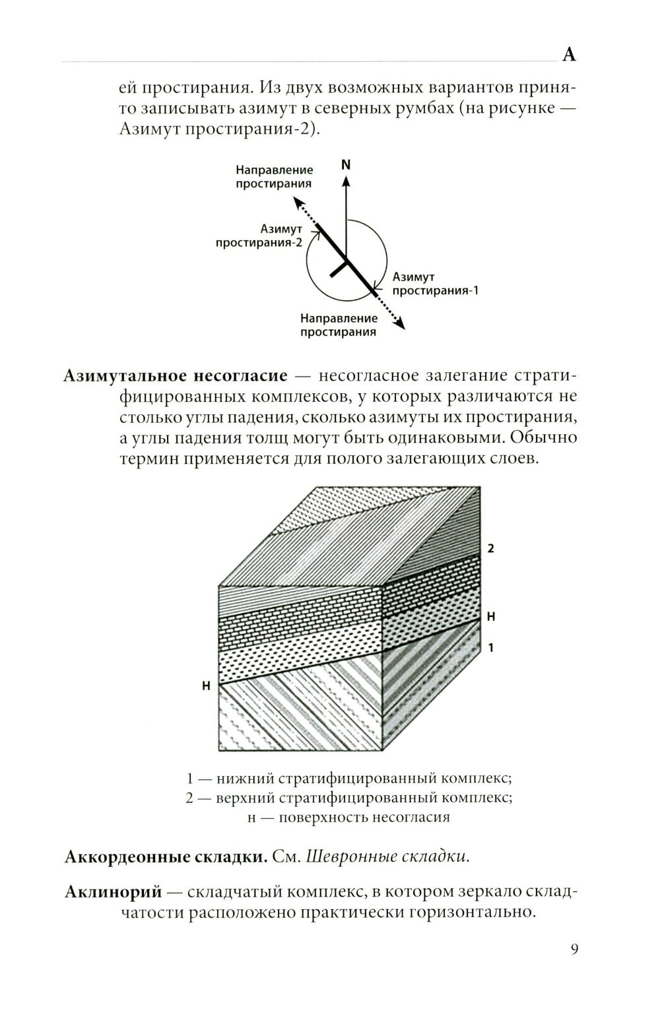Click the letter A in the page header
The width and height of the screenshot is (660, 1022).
569,55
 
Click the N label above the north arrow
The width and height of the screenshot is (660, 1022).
345,165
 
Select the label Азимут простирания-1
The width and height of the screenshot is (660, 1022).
434,284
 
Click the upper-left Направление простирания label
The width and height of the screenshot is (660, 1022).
274,177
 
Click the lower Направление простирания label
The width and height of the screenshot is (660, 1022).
339,325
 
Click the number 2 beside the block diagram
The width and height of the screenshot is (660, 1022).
490,548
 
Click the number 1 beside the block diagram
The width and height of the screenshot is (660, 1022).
490,648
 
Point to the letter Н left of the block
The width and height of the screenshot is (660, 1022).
206,686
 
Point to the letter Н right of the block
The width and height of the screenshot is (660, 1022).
490,616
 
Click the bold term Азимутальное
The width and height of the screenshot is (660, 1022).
125,375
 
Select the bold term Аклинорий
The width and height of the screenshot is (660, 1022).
113,892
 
